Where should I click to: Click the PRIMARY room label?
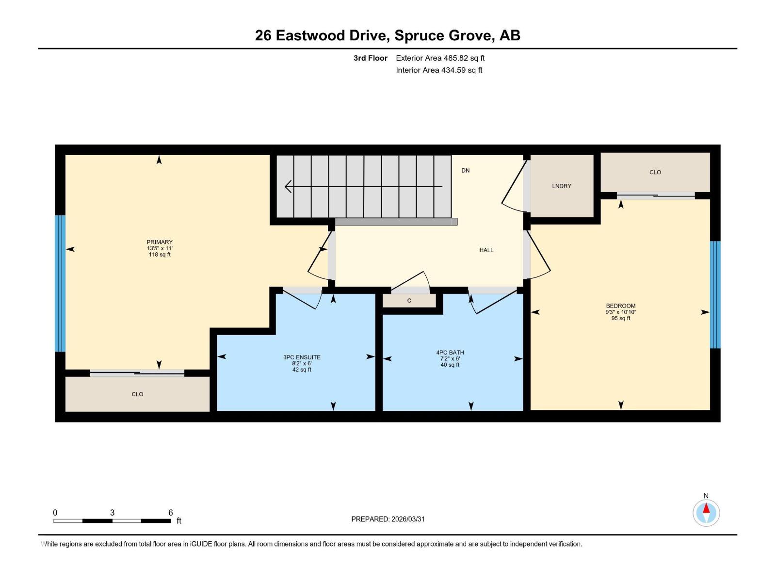[160, 242]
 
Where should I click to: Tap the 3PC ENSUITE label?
[302, 357]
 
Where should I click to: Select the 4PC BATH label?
[450, 353]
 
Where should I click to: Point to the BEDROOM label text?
[620, 306]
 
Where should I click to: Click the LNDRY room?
[562, 186]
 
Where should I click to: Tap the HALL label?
[486, 250]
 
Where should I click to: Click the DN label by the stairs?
[466, 171]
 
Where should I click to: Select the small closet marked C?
[409, 301]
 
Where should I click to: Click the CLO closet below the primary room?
[137, 394]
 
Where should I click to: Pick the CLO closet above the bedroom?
[655, 172]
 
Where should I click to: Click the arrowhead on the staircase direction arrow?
[289, 186]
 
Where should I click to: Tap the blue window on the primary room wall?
[60, 283]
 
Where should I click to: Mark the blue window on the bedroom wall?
[715, 295]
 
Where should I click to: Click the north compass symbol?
[706, 513]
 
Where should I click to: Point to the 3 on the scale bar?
[112, 513]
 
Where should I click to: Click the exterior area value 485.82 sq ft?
[464, 58]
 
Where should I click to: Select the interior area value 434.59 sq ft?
[461, 70]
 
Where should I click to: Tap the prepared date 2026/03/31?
[408, 519]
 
